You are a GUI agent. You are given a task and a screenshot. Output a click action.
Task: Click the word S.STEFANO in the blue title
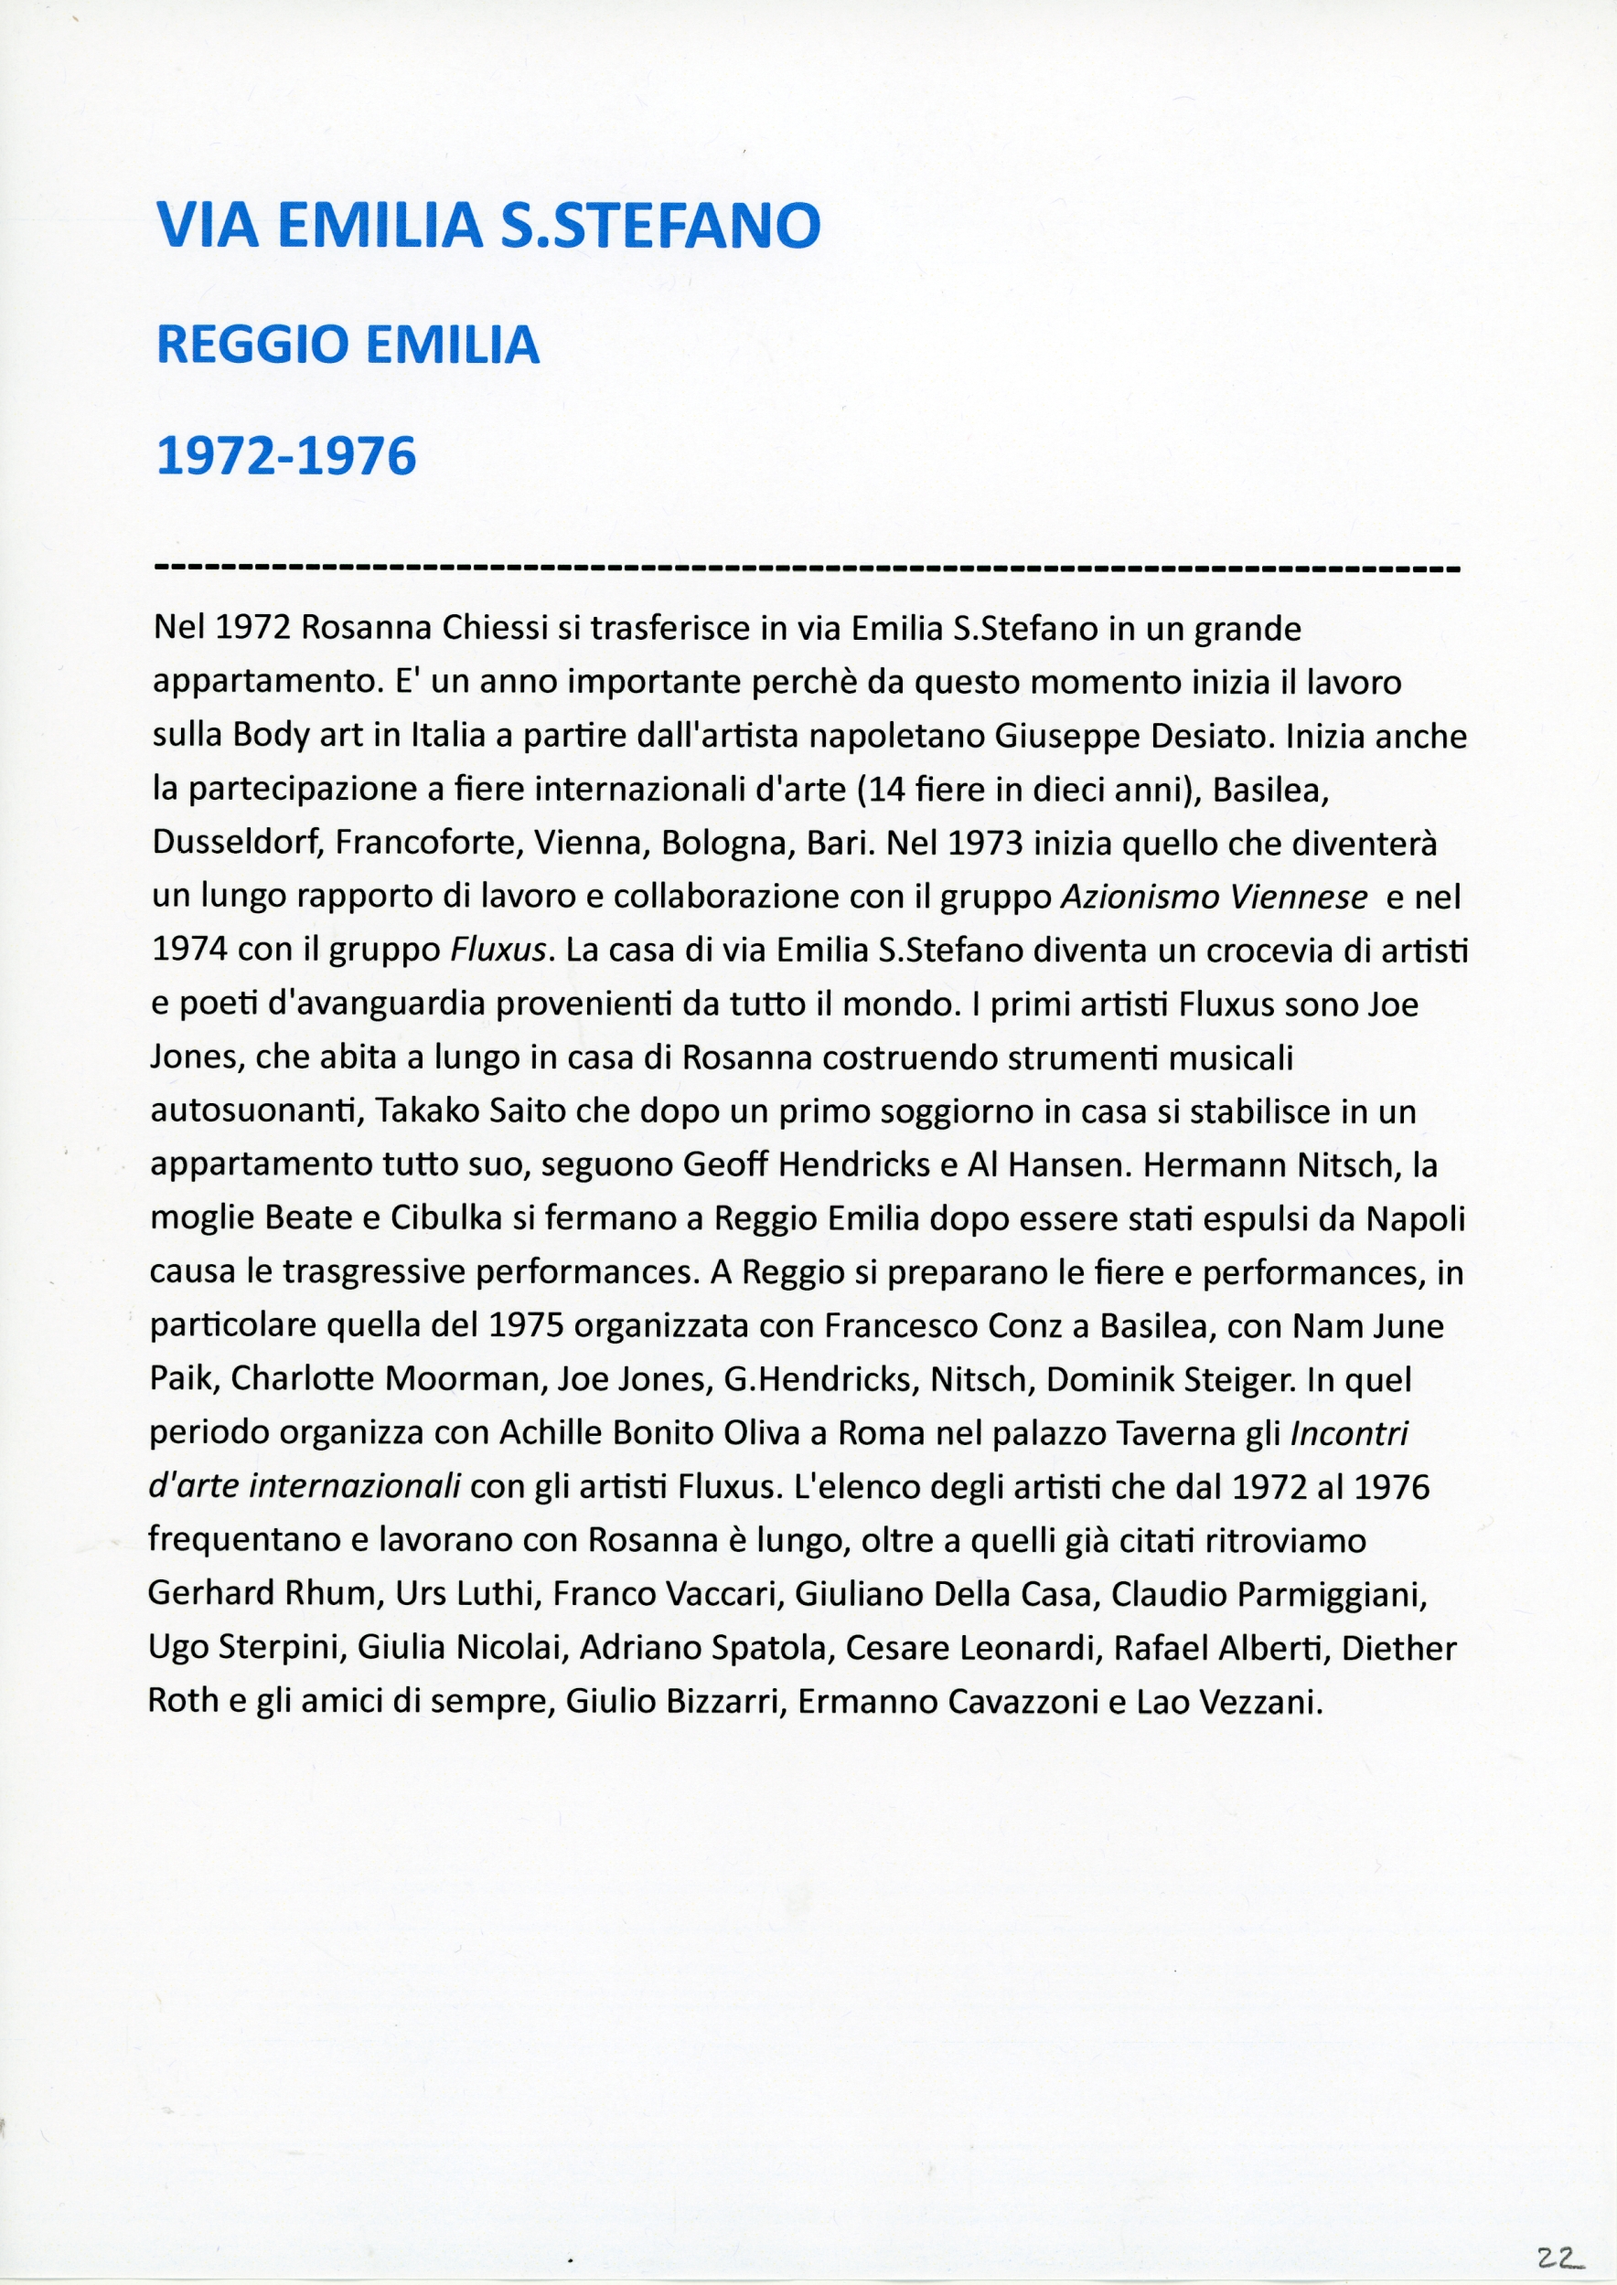pos(659,225)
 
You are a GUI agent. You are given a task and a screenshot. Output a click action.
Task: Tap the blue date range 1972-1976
pos(287,457)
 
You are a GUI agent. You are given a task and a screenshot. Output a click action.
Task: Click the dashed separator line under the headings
pos(808,570)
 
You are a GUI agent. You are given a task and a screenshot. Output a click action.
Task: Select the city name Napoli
pos(1416,1219)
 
